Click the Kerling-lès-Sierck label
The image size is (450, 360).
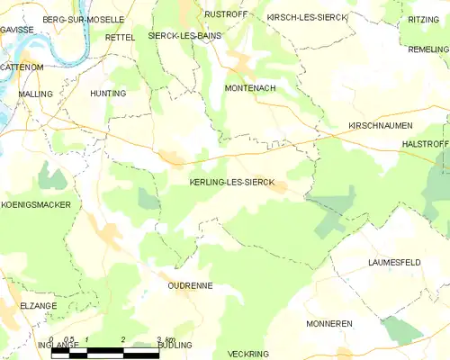[x=220, y=182]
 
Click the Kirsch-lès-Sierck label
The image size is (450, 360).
[x=307, y=17]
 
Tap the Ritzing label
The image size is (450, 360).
[x=423, y=19]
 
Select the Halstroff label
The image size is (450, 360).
[x=425, y=143]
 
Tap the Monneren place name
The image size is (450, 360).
[x=328, y=323]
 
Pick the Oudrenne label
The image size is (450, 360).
[x=189, y=285]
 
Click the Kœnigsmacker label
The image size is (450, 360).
[x=36, y=205]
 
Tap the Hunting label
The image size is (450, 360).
[x=108, y=93]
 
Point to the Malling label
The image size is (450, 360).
[x=35, y=93]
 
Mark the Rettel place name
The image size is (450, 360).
[x=120, y=37]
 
